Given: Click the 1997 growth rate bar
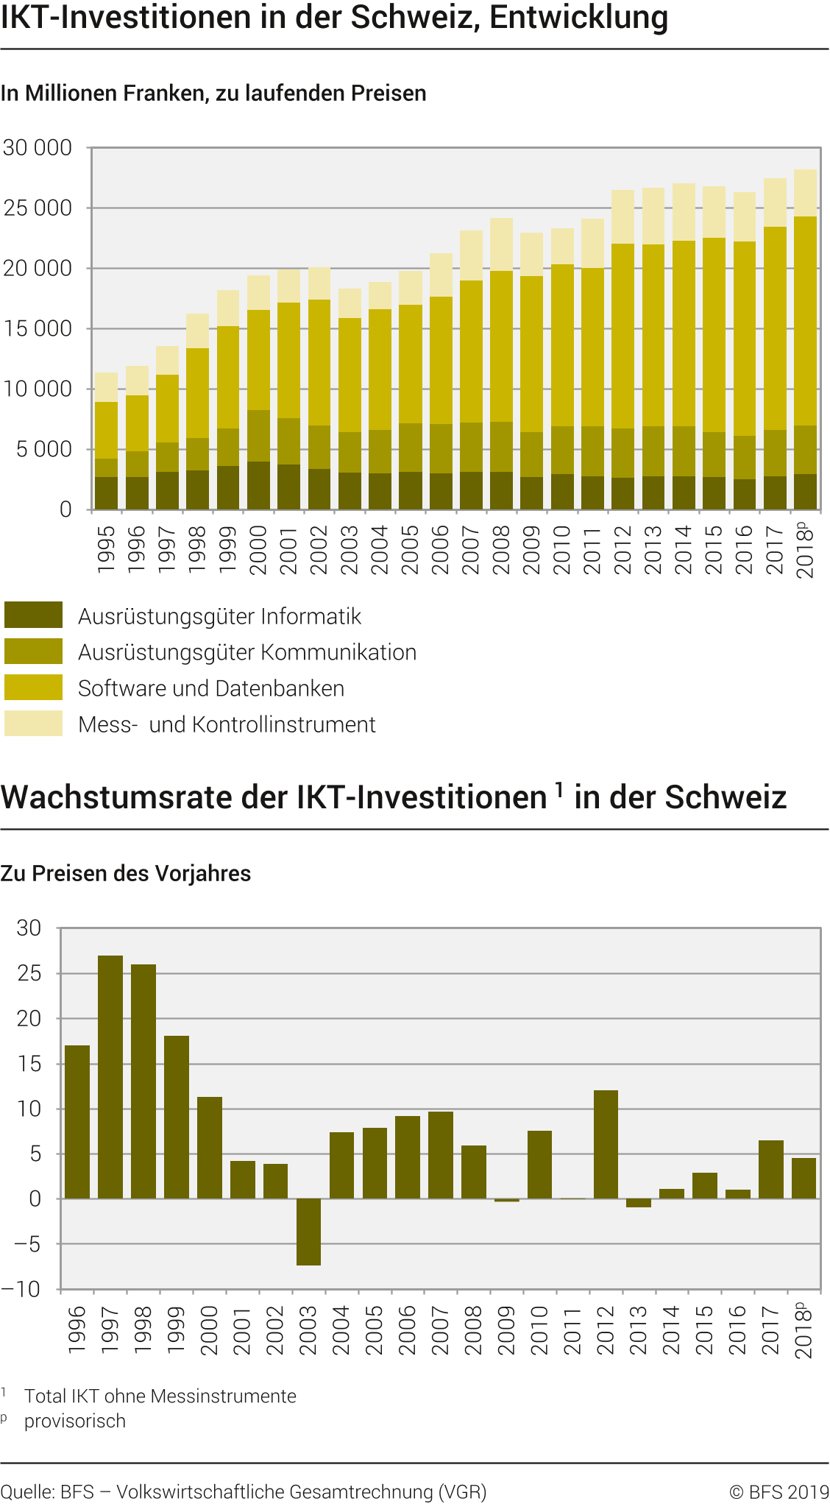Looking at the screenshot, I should point(110,1076).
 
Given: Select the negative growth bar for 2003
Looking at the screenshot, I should point(308,1232).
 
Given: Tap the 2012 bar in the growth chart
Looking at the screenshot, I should point(606,1144).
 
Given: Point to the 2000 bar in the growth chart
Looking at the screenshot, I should point(210,1147).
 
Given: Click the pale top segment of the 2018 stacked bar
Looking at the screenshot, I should point(805,193).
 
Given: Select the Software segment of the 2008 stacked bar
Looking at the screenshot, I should point(501,346).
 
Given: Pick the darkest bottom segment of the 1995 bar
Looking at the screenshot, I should point(106,493).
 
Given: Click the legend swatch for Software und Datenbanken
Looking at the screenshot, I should point(33,688).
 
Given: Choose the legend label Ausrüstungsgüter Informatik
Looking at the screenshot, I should point(219,616).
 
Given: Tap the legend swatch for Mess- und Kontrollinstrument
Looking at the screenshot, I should point(33,724).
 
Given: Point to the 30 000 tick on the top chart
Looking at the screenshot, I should point(38,148).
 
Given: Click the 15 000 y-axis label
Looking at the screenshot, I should point(38,328).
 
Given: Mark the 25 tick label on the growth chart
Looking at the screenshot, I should point(29,973).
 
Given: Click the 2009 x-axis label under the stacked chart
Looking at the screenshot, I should point(531,549).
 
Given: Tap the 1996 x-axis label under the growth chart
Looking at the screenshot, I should point(77,1330).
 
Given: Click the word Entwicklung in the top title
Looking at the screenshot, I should point(578,18).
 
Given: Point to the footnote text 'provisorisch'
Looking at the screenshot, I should point(75,1421).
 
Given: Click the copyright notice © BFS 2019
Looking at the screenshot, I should point(779,1492).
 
